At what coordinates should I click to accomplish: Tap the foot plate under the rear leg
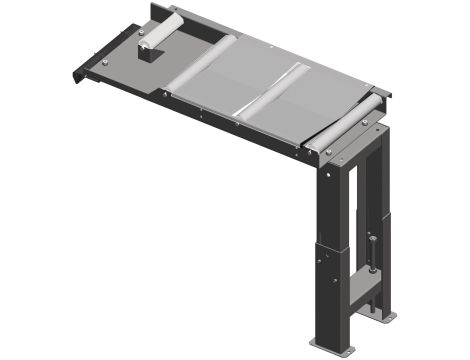click(x=392, y=321)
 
